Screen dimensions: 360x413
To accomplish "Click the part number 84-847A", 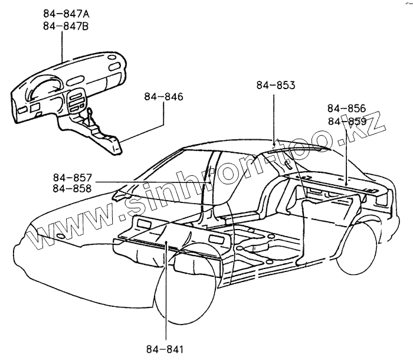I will pyautogui.click(x=67, y=14).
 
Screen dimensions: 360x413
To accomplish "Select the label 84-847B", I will pyautogui.click(x=67, y=26).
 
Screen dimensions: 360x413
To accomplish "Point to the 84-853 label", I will pyautogui.click(x=276, y=86).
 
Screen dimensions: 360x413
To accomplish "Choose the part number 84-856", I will pyautogui.click(x=346, y=109).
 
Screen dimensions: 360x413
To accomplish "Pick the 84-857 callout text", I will pyautogui.click(x=72, y=178).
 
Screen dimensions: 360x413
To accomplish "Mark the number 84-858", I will pyautogui.click(x=72, y=189).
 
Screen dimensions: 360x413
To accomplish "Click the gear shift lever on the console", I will pyautogui.click(x=88, y=112).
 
